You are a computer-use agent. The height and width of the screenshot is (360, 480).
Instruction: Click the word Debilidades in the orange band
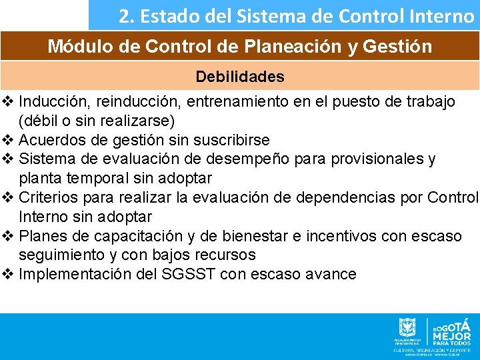pyautogui.click(x=239, y=77)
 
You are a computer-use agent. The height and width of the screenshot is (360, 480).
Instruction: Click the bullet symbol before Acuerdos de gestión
pyautogui.click(x=7, y=140)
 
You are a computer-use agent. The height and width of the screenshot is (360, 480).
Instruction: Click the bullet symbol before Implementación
pyautogui.click(x=7, y=274)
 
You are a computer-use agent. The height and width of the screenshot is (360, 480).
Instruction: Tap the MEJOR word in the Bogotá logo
pyautogui.click(x=451, y=335)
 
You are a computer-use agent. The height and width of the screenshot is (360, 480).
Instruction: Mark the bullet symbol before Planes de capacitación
pyautogui.click(x=7, y=237)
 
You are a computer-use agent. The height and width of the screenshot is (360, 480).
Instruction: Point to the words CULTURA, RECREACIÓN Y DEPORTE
pyautogui.click(x=433, y=349)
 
